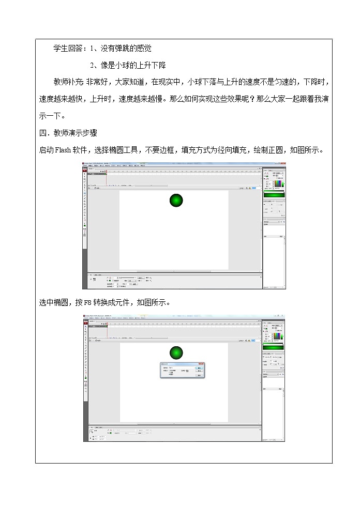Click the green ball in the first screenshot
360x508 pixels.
coord(176,200)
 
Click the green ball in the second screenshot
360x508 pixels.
coord(176,353)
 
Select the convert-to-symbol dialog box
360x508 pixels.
coord(182,370)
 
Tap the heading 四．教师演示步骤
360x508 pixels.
coord(68,133)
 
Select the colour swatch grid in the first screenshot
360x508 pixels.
coord(278,183)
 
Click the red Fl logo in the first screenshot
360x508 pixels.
coord(85,167)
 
